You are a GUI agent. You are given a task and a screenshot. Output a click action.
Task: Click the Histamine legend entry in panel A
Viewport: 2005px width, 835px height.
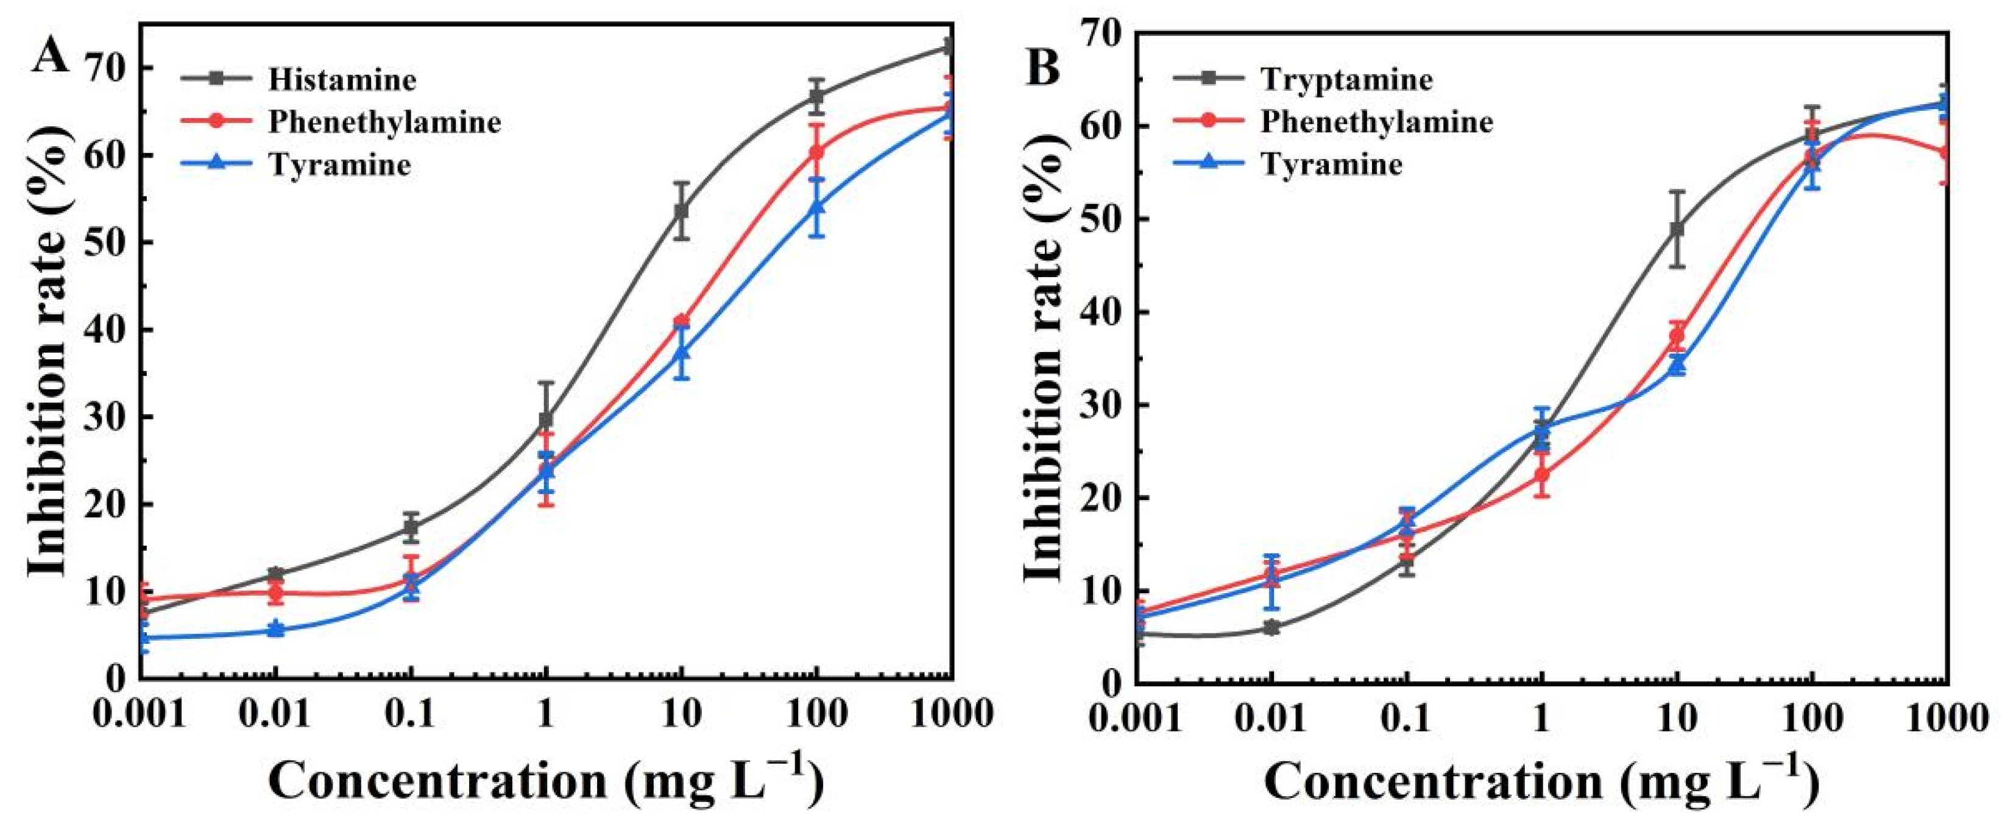click(x=342, y=79)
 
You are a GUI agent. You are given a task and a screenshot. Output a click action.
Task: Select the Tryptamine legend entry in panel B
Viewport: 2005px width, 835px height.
click(x=1346, y=79)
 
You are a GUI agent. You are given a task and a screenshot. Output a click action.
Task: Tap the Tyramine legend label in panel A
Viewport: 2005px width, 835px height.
click(x=339, y=165)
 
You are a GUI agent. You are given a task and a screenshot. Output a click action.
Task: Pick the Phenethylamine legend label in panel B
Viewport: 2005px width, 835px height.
click(x=1377, y=122)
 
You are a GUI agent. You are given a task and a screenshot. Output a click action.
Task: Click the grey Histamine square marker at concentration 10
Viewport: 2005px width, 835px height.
click(x=682, y=211)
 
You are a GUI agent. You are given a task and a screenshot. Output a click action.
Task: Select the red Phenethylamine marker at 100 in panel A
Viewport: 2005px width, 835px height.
click(x=816, y=152)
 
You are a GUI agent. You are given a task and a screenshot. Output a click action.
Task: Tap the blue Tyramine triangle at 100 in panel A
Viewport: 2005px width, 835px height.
click(x=816, y=207)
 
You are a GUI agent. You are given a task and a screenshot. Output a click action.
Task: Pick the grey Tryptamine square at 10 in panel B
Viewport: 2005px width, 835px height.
click(x=1677, y=230)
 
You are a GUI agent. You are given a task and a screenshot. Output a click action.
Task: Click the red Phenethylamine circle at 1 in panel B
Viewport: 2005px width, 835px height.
click(x=1542, y=474)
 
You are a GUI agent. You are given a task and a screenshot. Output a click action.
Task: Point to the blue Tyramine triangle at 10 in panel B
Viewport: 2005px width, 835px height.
click(x=1677, y=364)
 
